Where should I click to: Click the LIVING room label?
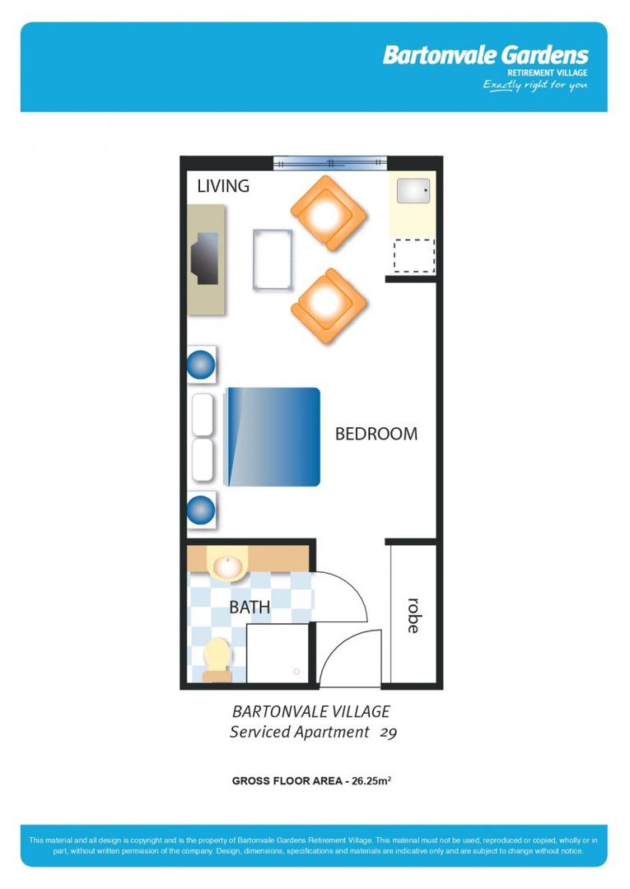[x=223, y=186]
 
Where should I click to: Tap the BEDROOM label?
[x=376, y=434]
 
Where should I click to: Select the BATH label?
[x=250, y=607]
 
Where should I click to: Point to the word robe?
[x=413, y=615]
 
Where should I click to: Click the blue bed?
[x=273, y=436]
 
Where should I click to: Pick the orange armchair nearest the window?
[x=328, y=213]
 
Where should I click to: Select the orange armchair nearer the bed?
[x=328, y=305]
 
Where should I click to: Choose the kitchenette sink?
[x=413, y=191]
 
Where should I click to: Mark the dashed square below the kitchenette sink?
[x=413, y=255]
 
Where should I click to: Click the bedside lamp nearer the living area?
[x=200, y=364]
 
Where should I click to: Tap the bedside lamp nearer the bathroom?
[x=200, y=510]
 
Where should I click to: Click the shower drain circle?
[x=296, y=672]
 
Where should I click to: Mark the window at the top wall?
[x=329, y=163]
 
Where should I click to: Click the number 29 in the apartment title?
[x=389, y=732]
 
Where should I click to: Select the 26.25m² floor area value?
[x=371, y=781]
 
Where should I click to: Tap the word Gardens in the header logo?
[x=544, y=56]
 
